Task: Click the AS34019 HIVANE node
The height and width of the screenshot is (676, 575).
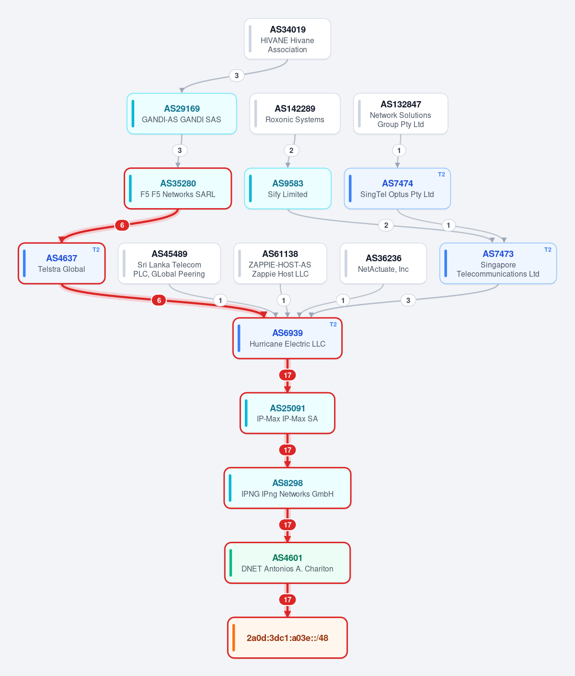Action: pos(287,39)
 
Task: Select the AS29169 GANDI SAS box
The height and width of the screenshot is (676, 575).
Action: pos(182,114)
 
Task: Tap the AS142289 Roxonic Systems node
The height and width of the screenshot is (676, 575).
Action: pos(295,114)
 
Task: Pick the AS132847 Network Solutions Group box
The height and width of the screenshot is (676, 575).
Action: pos(401,114)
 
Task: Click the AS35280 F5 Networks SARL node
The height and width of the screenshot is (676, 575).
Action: pos(178,188)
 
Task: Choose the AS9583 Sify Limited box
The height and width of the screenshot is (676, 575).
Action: pos(287,188)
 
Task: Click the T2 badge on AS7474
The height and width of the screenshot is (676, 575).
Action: pos(441,175)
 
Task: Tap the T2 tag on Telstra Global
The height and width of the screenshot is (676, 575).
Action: pos(96,249)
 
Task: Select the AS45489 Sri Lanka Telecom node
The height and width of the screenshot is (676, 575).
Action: pos(169,263)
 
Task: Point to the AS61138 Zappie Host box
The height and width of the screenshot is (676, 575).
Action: pos(280,263)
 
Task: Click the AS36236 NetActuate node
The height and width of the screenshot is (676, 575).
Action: pos(383,263)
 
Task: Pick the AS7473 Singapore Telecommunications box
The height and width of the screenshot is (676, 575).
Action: pos(498,263)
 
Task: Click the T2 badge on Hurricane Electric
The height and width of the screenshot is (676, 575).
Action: pos(333,325)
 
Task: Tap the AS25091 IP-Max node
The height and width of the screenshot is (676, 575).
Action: pos(287,413)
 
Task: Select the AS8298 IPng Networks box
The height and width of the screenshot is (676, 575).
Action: pos(287,488)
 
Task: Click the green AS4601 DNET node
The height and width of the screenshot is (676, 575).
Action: pos(287,563)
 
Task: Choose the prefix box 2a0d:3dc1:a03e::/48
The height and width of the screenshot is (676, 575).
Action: pos(287,638)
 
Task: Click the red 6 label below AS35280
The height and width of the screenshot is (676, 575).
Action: pos(122,225)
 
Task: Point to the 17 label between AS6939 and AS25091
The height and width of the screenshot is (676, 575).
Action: pos(287,375)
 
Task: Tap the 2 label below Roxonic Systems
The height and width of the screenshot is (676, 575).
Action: pos(291,151)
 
